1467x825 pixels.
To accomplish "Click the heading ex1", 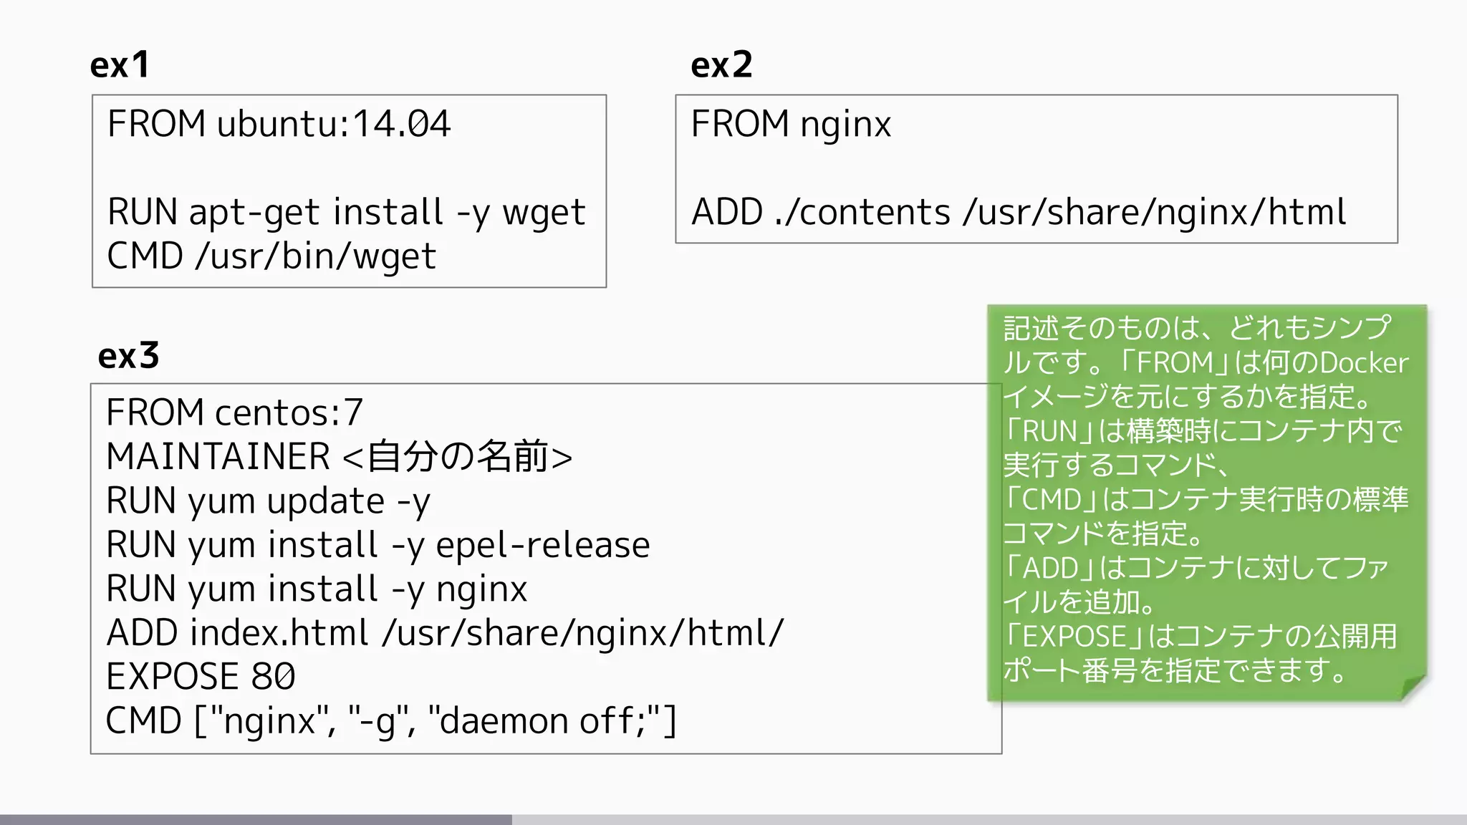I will click(x=120, y=65).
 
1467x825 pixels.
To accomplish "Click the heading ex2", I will click(x=721, y=65).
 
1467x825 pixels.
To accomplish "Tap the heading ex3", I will click(x=128, y=356).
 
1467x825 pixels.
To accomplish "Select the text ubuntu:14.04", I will click(x=334, y=124).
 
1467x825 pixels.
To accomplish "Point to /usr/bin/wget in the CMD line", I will click(x=315, y=256).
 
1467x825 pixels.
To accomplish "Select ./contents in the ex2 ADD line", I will click(x=862, y=213).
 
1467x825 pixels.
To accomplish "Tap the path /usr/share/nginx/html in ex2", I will click(x=1155, y=213).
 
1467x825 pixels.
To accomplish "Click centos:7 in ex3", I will click(x=289, y=413).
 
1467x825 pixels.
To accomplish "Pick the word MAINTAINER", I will click(x=218, y=457).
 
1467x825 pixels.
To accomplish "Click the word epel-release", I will click(x=543, y=546).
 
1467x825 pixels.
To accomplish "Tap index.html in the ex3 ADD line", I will click(x=279, y=633).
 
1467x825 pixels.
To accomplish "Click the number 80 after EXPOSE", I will click(x=273, y=677).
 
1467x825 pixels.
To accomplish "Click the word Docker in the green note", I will click(x=1364, y=363).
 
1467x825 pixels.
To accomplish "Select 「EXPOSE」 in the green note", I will click(x=1074, y=637).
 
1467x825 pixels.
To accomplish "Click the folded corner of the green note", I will click(x=1413, y=687).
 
